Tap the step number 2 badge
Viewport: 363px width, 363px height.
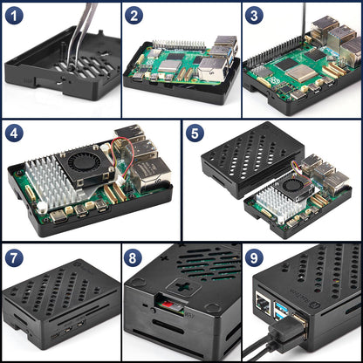click(135, 16)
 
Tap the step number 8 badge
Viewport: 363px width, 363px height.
click(135, 258)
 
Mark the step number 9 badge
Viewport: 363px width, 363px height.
click(255, 258)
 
